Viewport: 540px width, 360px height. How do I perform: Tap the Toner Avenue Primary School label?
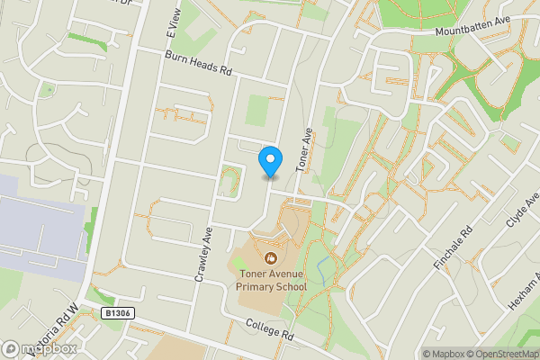click(x=272, y=280)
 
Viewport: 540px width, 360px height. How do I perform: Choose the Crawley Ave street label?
click(x=203, y=256)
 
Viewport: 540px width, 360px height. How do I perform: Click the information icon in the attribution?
click(x=411, y=354)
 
